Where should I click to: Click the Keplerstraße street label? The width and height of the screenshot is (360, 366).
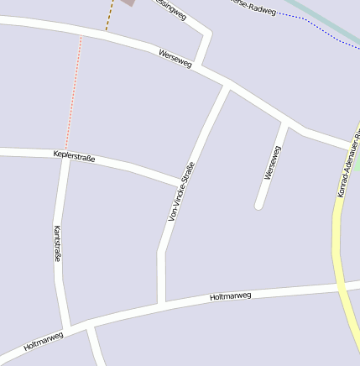coord(74,155)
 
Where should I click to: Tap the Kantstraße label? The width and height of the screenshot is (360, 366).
coord(57,243)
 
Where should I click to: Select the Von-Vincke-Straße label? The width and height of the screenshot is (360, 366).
coord(181,191)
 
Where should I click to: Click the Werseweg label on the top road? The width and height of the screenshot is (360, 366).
coord(175,59)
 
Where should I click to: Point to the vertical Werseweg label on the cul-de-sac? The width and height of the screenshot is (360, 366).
coord(272,162)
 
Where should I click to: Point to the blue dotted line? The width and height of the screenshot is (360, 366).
coord(319,25)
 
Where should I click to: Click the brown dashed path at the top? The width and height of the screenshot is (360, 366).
coord(109,15)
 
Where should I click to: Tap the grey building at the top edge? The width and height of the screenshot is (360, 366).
coord(128,3)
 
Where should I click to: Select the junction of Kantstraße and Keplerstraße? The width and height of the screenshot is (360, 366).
coord(65,154)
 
